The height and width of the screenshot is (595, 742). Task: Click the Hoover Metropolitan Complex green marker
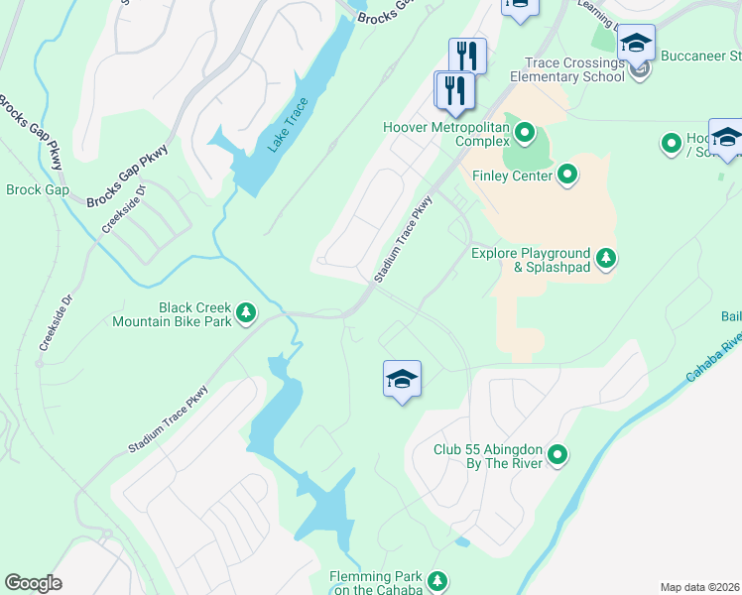coord(525,132)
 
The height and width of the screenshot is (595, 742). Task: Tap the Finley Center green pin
coord(567,176)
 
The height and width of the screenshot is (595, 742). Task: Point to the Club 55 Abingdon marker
coord(557,455)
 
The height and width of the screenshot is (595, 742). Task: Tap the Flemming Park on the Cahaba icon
coord(437,580)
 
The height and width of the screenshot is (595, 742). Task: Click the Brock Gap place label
coord(38,189)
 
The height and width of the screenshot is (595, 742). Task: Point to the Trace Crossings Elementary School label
coord(568,69)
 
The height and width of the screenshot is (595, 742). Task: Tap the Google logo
coord(33,583)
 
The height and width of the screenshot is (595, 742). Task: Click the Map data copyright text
coord(699,587)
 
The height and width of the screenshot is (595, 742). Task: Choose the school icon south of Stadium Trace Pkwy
coord(402,380)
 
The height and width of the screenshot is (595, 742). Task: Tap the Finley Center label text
coord(512,176)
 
